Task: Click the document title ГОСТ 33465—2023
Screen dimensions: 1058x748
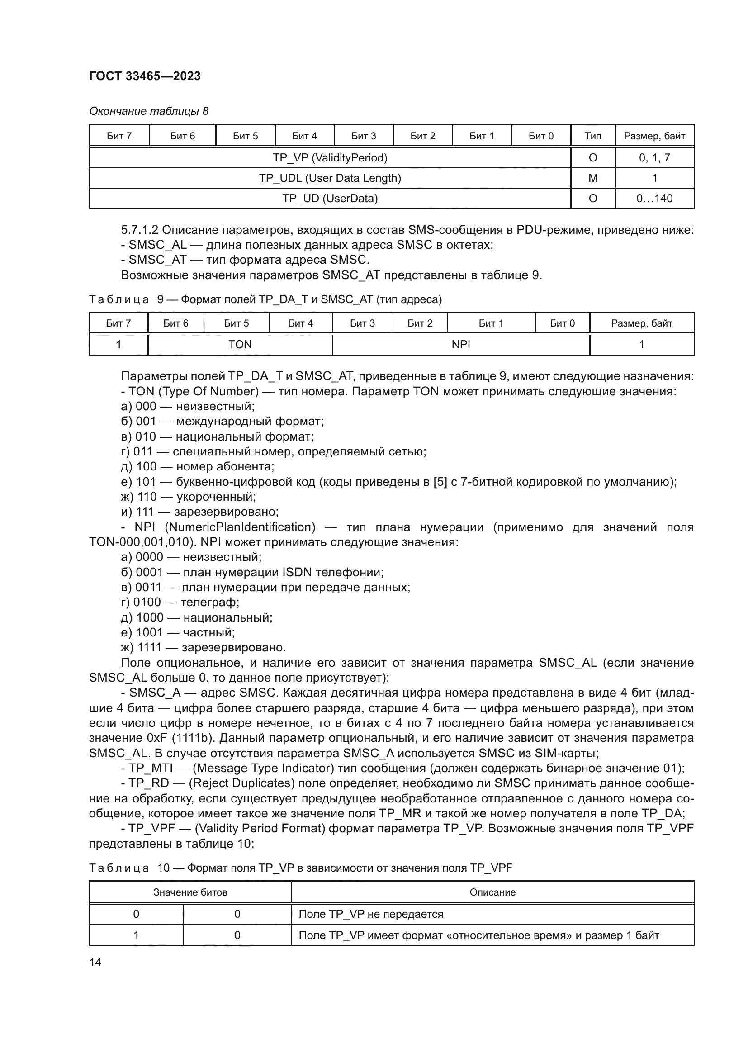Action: (145, 76)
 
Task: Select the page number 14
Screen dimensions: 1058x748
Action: (95, 963)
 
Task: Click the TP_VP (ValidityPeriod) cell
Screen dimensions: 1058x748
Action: (330, 158)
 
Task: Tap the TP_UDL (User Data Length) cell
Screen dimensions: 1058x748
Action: (330, 178)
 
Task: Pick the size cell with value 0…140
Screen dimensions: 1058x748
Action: (654, 199)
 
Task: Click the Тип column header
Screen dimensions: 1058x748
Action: (593, 136)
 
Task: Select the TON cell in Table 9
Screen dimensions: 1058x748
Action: (240, 345)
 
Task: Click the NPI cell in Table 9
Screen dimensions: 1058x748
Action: (460, 345)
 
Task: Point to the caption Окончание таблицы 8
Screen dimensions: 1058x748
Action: (149, 111)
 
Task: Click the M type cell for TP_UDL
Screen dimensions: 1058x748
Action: (593, 178)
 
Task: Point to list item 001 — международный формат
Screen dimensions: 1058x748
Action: (223, 421)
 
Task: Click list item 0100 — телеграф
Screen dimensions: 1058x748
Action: (180, 602)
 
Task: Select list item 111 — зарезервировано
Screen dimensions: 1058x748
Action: (200, 512)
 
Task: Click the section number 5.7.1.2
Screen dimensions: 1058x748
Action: (140, 230)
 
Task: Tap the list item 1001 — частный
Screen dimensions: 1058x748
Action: (178, 633)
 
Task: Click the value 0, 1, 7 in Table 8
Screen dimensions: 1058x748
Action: (654, 158)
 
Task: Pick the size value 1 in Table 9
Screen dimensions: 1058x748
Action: (641, 345)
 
